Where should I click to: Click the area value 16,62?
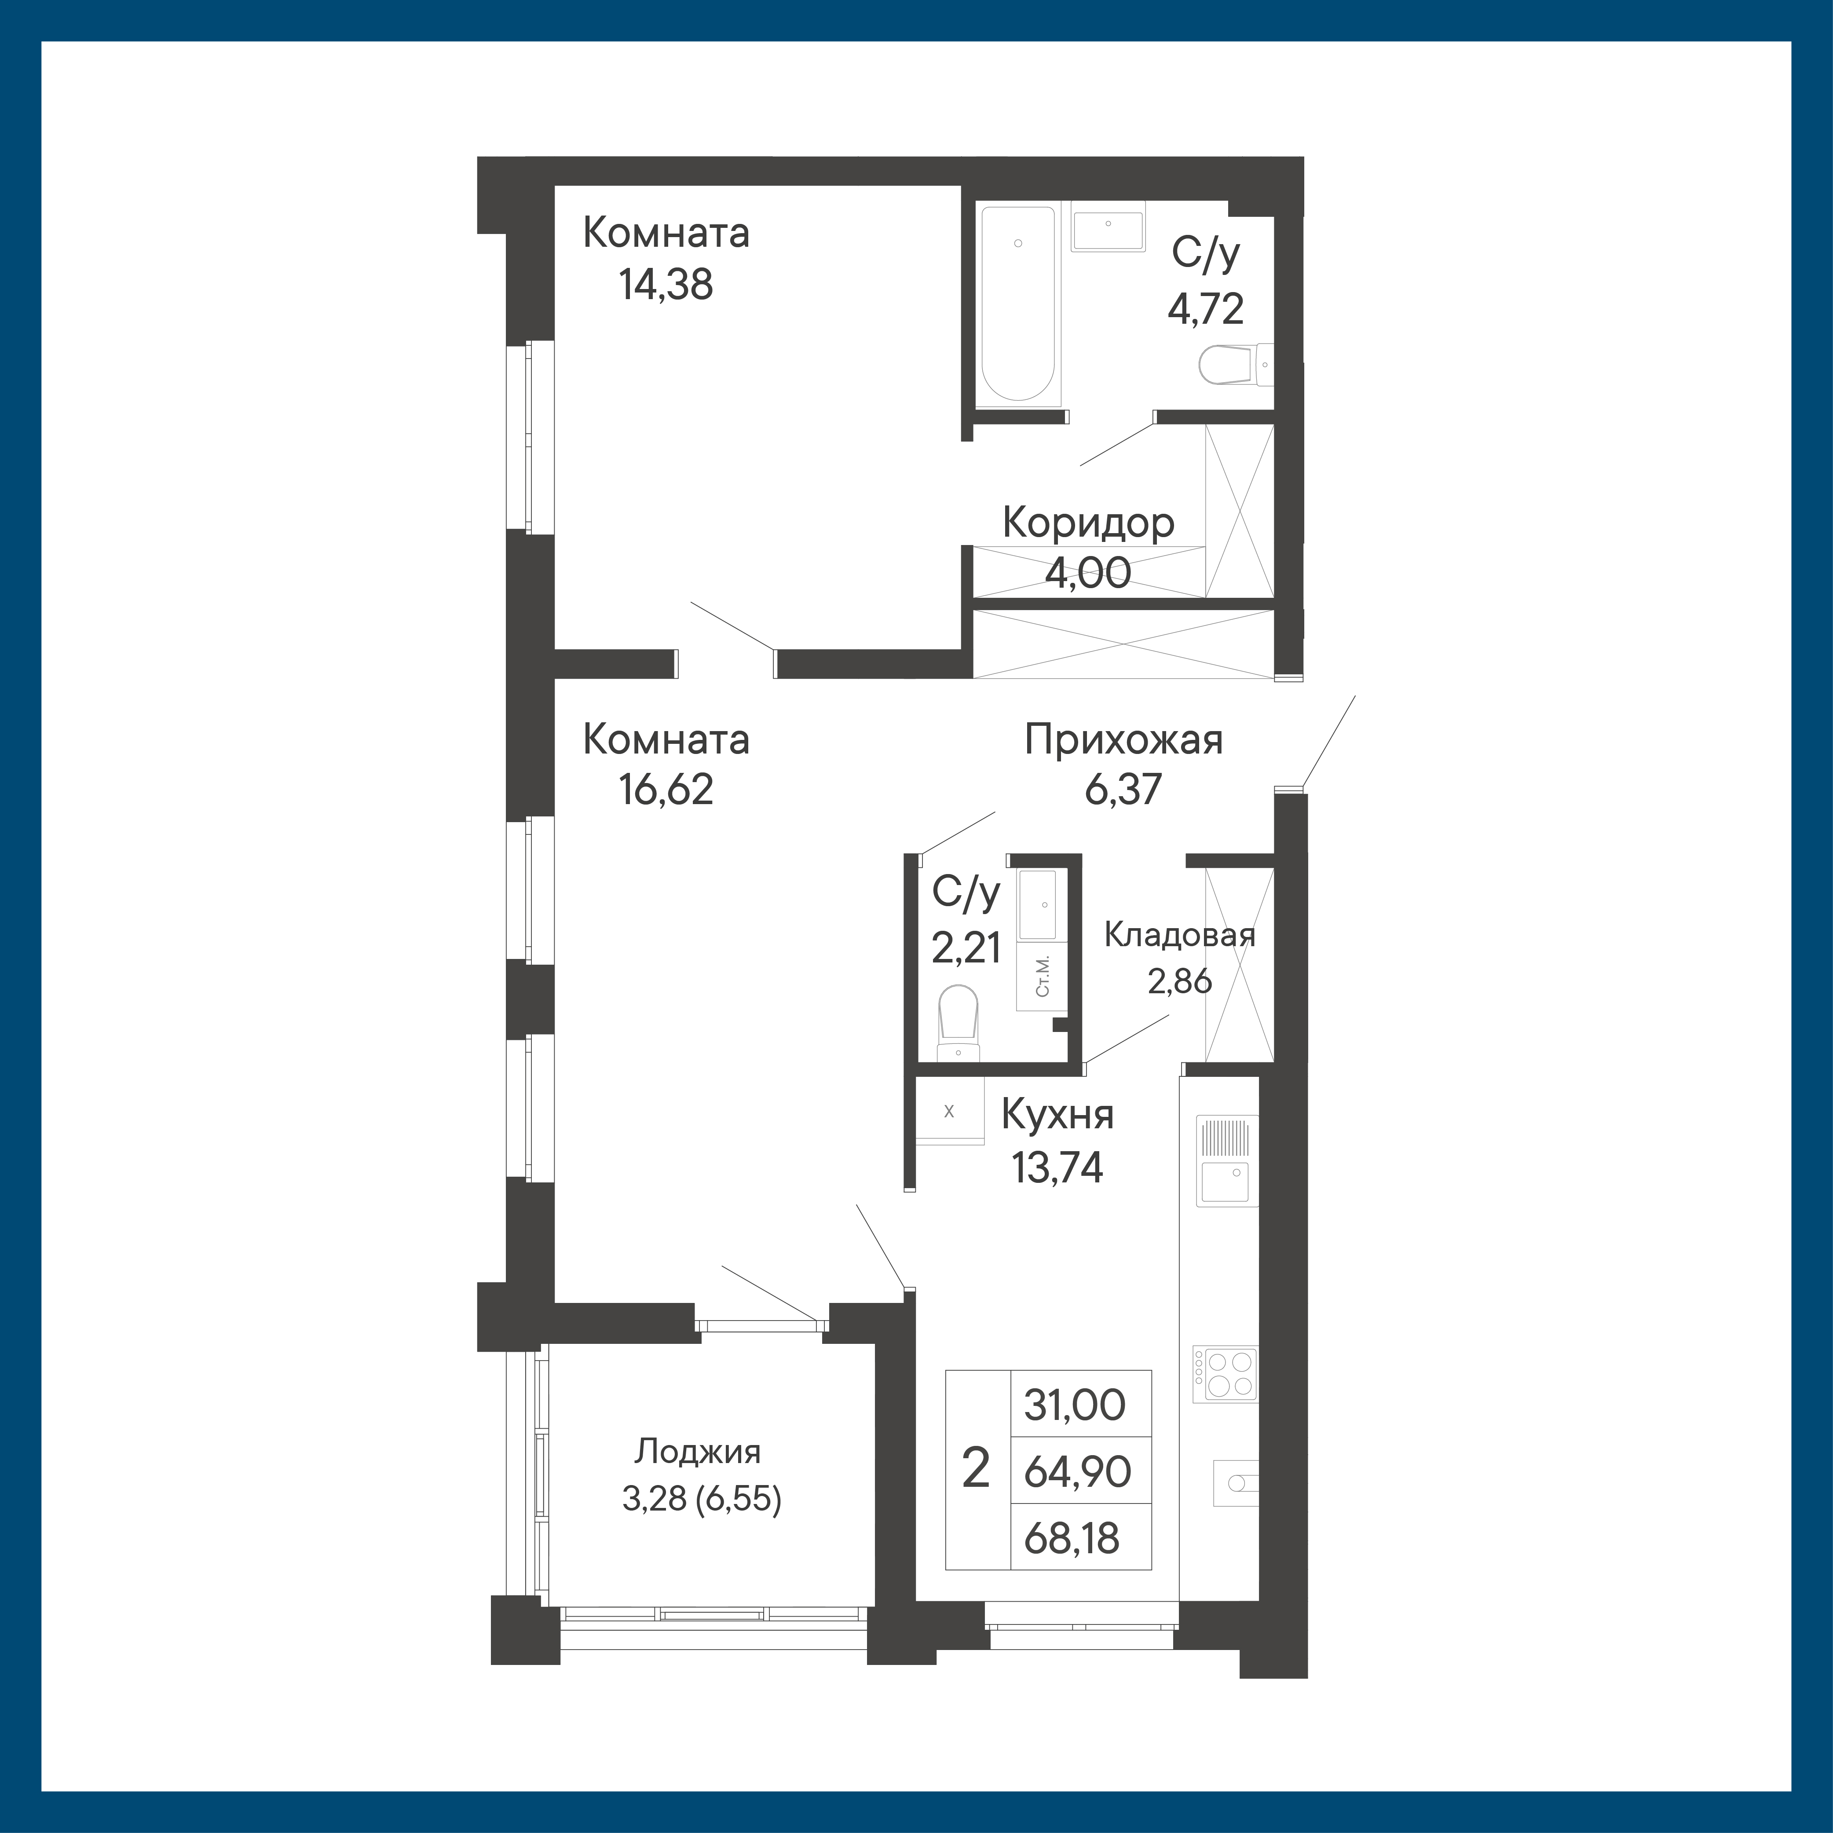[666, 789]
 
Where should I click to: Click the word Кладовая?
[1179, 936]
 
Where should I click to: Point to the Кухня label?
[1058, 1116]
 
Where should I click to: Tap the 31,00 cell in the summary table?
[1075, 1404]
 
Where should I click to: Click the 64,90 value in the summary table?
[1078, 1471]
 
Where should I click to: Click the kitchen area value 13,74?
[1058, 1168]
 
